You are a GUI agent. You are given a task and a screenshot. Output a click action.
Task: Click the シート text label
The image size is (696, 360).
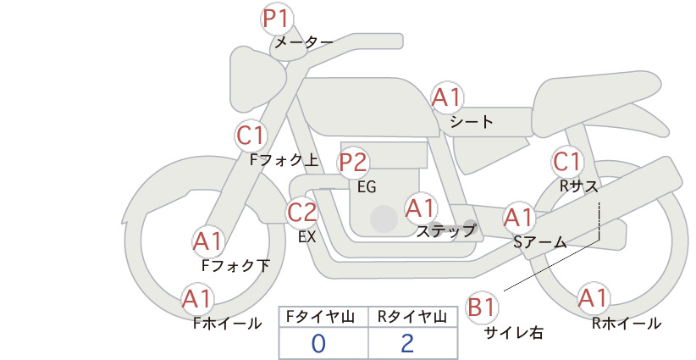(472, 122)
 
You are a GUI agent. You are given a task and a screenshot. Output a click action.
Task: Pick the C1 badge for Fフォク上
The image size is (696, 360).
(251, 135)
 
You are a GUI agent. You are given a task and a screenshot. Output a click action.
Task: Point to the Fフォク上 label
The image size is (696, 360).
(284, 158)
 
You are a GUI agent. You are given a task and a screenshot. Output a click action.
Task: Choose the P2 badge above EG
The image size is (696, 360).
(353, 162)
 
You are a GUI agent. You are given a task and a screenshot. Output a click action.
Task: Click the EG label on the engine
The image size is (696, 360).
(367, 186)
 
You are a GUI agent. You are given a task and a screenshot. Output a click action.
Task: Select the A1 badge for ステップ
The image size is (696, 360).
(420, 207)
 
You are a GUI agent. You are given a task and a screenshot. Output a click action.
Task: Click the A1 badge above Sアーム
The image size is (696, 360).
(518, 218)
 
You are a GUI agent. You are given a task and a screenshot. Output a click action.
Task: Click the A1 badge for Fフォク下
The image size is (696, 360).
(207, 241)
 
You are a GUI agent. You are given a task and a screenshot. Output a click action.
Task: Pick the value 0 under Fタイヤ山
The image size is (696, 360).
(318, 343)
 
